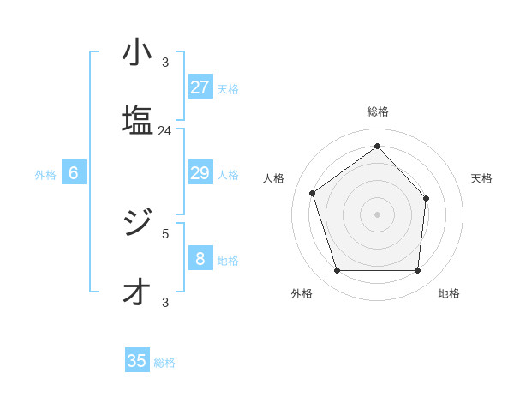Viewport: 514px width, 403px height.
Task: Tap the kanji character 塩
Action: coord(137,120)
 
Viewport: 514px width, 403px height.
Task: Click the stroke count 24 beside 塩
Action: coord(164,131)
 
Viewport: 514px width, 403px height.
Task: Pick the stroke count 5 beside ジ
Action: coord(165,232)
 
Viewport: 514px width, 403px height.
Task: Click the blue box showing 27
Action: coord(200,87)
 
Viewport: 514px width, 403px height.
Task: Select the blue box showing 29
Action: coord(200,173)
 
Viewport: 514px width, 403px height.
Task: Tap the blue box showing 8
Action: coord(200,259)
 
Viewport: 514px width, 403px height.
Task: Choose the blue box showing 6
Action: coord(74,173)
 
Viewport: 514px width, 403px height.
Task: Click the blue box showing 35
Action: coord(137,361)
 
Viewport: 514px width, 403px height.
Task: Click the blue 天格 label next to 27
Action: coord(228,88)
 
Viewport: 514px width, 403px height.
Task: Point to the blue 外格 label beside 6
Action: coord(45,174)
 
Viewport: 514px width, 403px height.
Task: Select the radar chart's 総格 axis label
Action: coord(378,111)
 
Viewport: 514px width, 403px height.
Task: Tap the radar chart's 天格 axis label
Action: coord(481,178)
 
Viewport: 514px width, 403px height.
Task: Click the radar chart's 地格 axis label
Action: coord(449,293)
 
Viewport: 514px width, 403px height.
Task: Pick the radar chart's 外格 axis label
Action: coord(302,293)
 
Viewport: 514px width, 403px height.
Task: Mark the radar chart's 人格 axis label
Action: coord(273,178)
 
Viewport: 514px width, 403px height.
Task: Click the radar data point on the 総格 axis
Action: coord(377,146)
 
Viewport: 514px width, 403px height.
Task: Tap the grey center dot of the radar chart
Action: coord(377,214)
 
